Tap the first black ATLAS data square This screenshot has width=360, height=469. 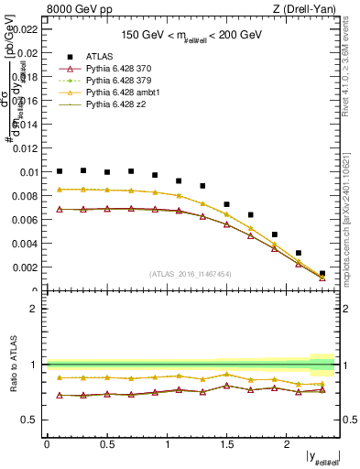pyautogui.click(x=60, y=171)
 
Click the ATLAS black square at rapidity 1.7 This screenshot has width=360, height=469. pyautogui.click(x=251, y=214)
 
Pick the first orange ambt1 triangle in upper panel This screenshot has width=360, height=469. pyautogui.click(x=60, y=190)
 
